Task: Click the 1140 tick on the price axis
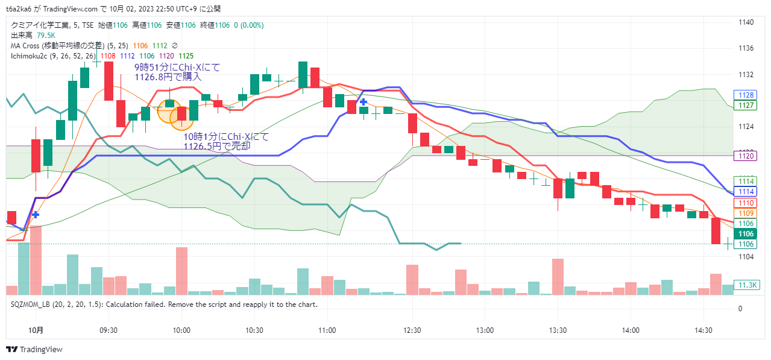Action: pos(746,22)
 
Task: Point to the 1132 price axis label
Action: pos(746,75)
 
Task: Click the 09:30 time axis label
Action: pos(109,330)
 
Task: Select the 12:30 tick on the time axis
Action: pos(412,330)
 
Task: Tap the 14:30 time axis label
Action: pos(703,330)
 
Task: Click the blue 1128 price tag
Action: pos(746,95)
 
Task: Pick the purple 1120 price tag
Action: pos(746,156)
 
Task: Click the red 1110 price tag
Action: pos(746,203)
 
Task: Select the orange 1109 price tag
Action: pos(746,213)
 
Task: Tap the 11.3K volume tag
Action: pos(747,285)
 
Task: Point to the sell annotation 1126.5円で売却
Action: pos(217,147)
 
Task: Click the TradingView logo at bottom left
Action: pos(34,349)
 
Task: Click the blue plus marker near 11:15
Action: pos(363,103)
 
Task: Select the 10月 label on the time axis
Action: pos(36,330)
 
